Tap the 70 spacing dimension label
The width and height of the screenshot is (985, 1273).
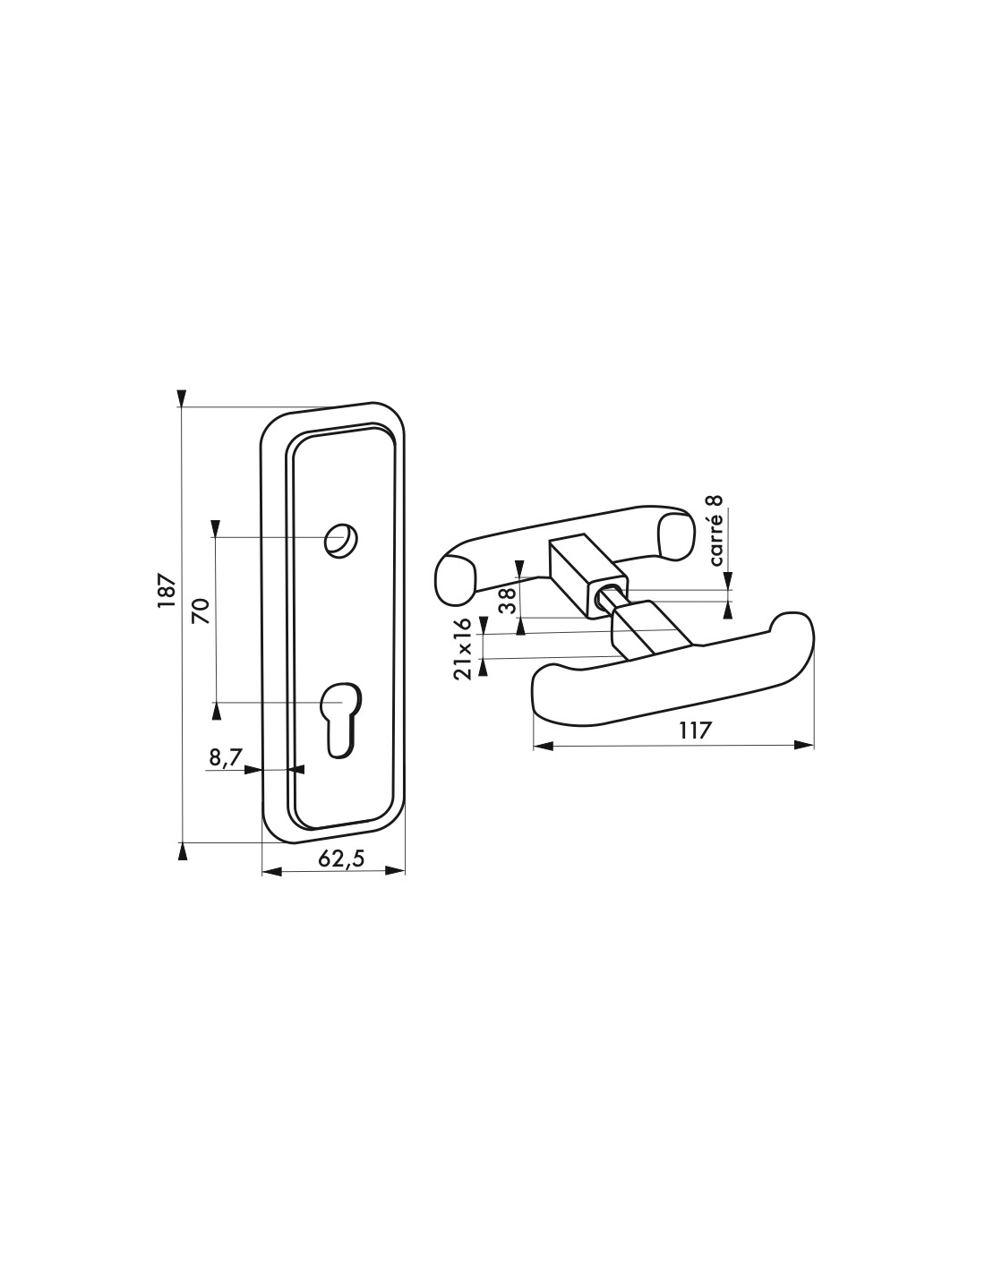(201, 611)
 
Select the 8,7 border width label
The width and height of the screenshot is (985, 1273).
(225, 758)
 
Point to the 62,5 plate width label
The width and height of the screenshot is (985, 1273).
(341, 859)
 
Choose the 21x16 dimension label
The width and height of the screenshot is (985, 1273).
(462, 648)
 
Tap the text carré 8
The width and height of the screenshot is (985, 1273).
(716, 531)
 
